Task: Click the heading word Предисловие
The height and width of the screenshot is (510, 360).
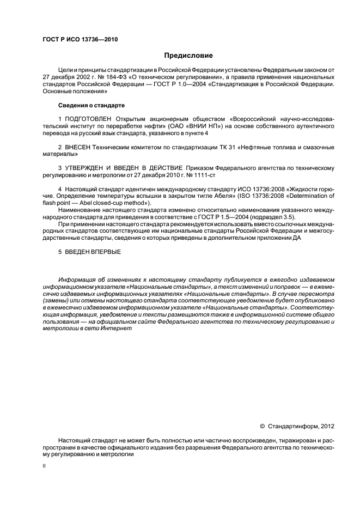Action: [x=189, y=56]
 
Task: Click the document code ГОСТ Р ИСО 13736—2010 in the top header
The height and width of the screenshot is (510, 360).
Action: [x=80, y=40]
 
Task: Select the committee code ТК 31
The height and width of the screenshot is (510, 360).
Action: [x=214, y=147]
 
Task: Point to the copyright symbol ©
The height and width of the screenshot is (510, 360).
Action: [x=263, y=426]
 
